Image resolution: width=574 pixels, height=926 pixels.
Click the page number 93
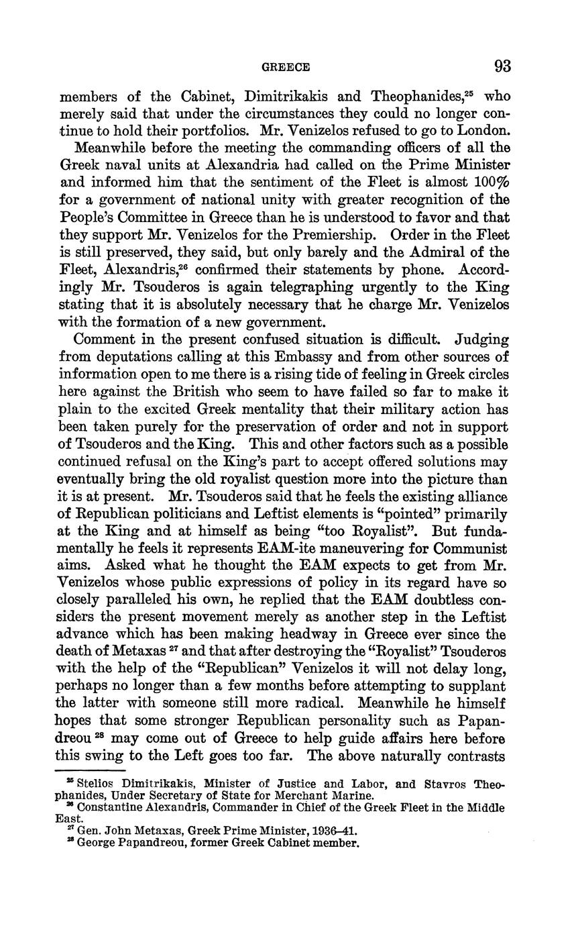click(502, 66)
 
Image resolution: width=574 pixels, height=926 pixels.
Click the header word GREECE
click(285, 67)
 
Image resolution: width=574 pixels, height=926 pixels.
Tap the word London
click(483, 130)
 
